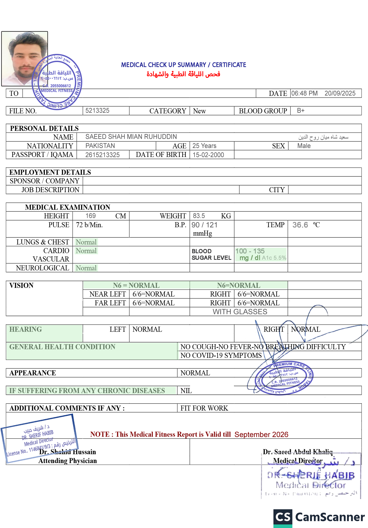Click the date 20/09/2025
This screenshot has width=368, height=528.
coord(340,93)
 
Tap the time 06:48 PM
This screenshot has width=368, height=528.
coord(304,93)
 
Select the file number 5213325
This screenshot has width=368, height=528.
coord(97,110)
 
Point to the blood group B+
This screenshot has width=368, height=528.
coord(300,110)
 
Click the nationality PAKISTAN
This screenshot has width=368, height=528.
coord(100,146)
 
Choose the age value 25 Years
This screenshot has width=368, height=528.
coord(204,146)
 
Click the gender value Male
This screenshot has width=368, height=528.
coord(304,146)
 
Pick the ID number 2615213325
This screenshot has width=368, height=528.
coord(103,155)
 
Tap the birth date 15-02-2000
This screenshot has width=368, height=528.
coord(208,155)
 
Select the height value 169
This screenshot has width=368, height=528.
coord(90,216)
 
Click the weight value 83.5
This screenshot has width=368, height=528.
coord(199,216)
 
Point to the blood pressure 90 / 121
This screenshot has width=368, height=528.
coord(205,225)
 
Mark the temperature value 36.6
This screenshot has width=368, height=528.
coord(300,225)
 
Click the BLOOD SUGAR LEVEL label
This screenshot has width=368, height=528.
coord(211,255)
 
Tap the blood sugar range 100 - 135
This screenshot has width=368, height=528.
coord(250,251)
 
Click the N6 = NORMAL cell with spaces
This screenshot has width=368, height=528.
coord(136,285)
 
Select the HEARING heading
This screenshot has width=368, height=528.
coord(25,329)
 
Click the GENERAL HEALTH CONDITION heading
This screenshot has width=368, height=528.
coord(62,347)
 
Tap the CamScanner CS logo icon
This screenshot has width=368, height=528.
coord(283,517)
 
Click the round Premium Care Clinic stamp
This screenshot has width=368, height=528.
coord(284,378)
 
